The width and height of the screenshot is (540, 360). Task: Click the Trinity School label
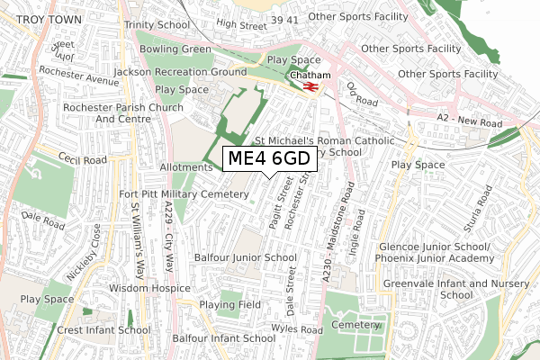pos(157,25)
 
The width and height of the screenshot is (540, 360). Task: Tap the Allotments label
pos(185,167)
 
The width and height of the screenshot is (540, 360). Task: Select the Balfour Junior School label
pos(246,257)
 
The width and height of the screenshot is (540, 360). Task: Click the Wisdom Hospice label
pos(149,288)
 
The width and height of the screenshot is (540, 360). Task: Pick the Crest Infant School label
pos(103,330)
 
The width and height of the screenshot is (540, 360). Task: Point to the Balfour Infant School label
pos(223,338)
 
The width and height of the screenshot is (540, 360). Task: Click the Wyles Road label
pos(298,330)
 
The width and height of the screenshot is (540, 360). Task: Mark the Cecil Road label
pos(84,159)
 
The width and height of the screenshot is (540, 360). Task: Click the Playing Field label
pos(229,305)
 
